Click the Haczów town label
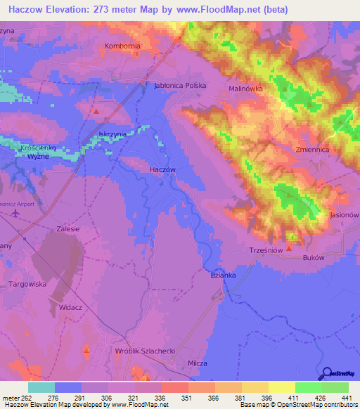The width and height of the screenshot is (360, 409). pos(162,170)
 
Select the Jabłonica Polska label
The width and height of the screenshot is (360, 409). pos(179,86)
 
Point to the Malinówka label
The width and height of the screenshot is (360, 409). pos(245,89)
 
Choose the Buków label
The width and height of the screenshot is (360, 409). pos(312,258)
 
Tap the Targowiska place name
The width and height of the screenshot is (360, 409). pos(27,284)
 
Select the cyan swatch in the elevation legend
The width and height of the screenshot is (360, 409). pos(41,387)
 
